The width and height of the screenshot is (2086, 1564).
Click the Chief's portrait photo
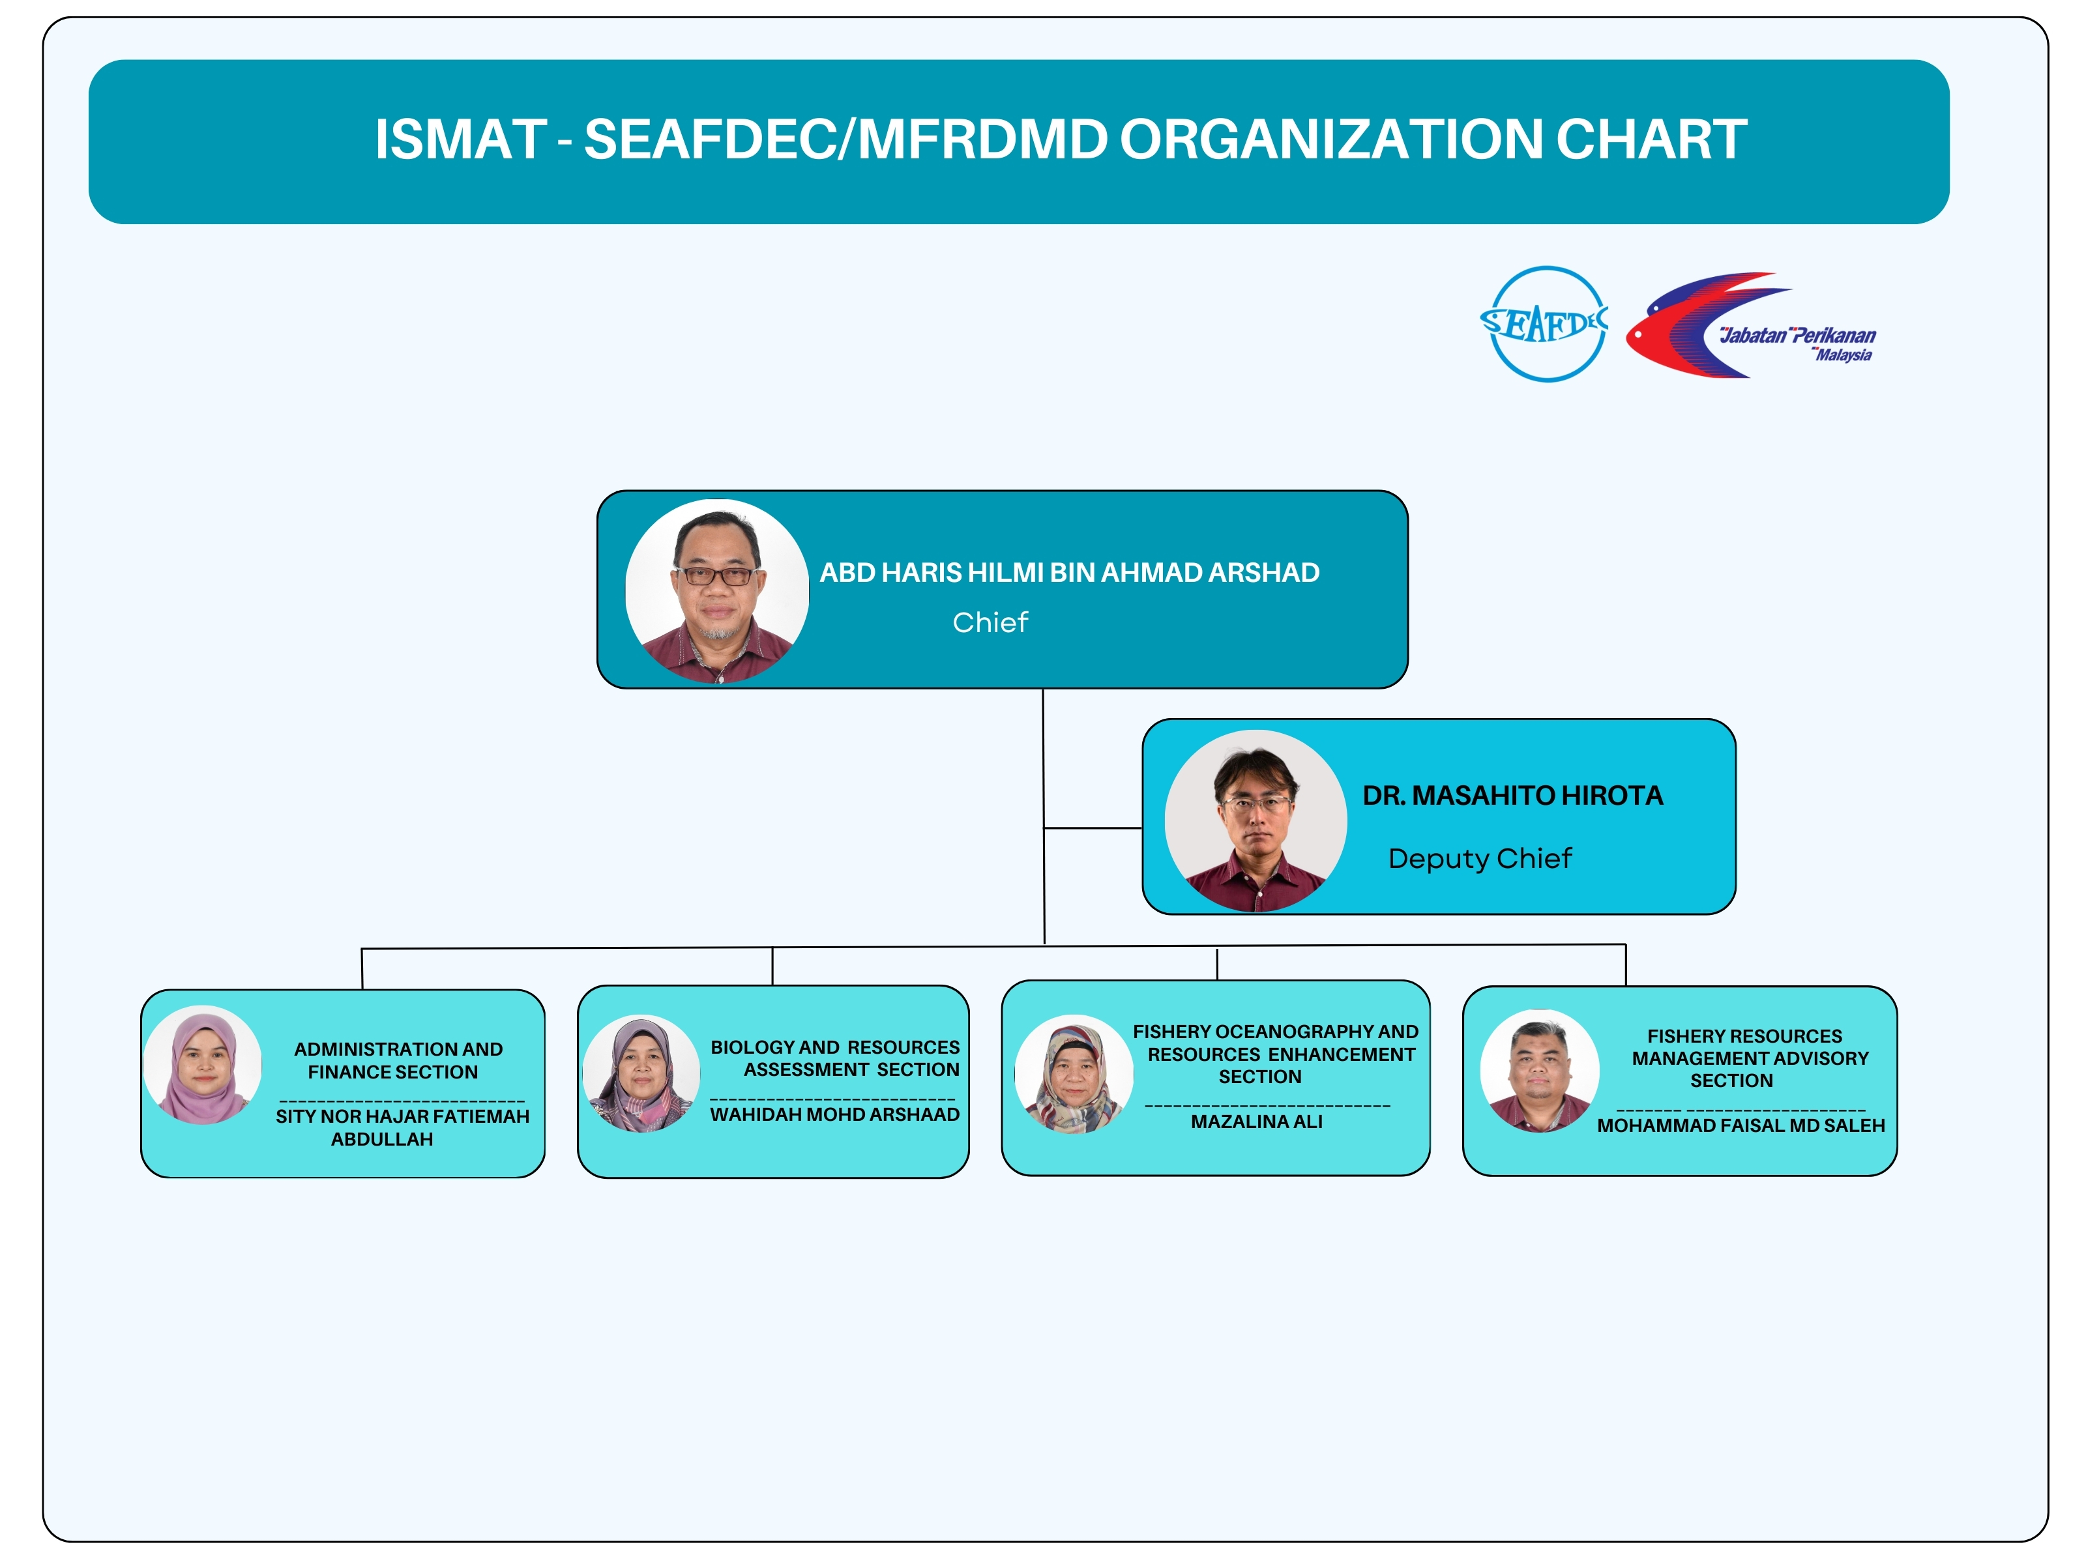click(716, 591)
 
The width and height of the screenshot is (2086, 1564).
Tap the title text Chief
click(990, 622)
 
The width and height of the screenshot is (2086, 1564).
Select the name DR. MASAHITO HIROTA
click(1512, 796)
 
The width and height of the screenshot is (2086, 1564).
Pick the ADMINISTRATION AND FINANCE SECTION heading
click(396, 1060)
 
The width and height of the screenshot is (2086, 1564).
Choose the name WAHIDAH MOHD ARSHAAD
click(834, 1114)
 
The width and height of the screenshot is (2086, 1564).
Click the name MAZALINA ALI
click(1256, 1122)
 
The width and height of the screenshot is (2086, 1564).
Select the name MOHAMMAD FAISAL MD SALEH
click(1740, 1125)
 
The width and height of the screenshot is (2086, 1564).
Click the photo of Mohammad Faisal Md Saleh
click(1539, 1071)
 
